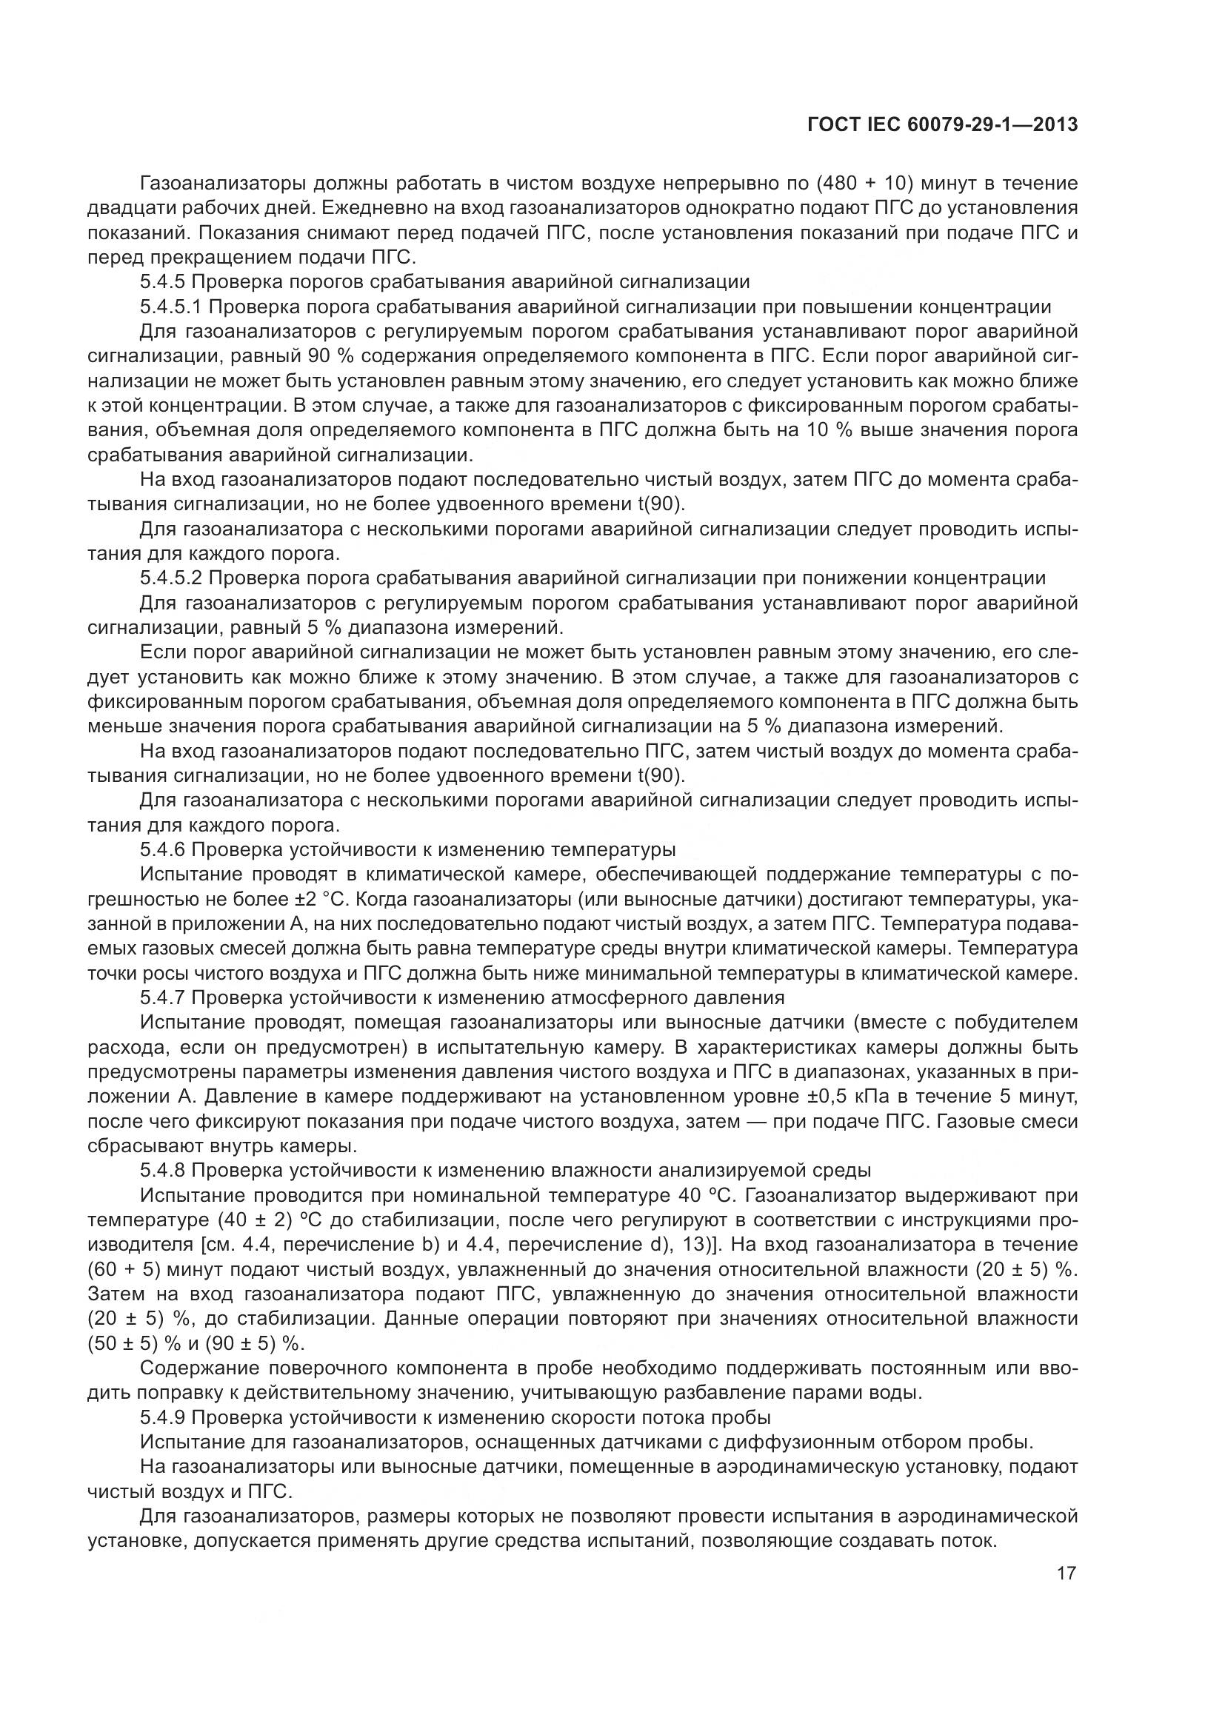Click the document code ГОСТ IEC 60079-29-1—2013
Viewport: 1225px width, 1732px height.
tap(941, 124)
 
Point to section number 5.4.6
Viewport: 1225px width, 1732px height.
tap(162, 849)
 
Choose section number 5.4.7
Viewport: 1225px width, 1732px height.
tap(162, 998)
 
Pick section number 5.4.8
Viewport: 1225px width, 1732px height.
tap(162, 1171)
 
